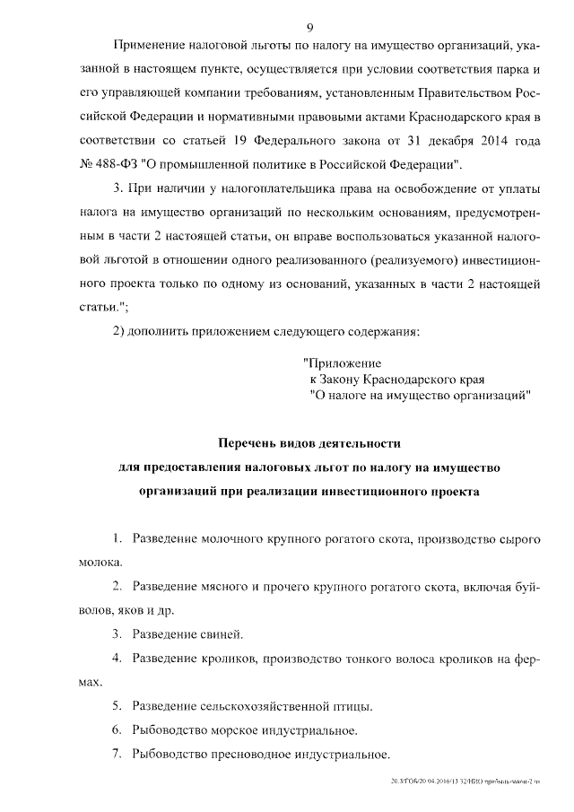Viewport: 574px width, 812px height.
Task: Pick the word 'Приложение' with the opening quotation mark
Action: [x=342, y=363]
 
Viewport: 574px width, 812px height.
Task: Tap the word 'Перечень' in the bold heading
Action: [x=252, y=443]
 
